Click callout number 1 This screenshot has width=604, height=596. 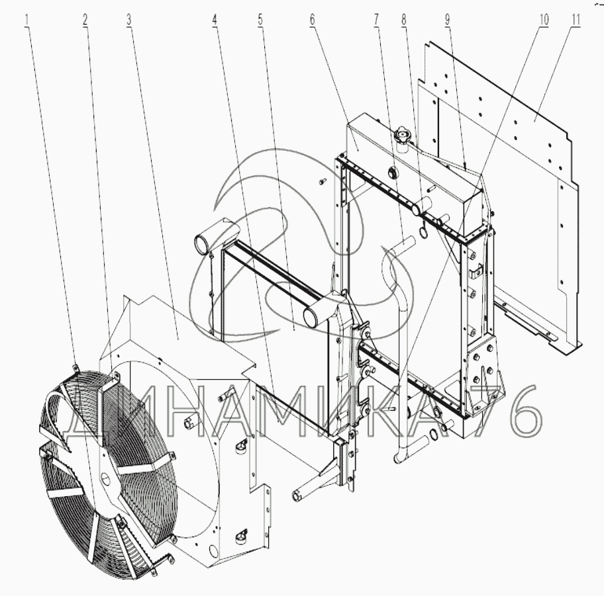click(26, 20)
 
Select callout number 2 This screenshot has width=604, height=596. click(85, 20)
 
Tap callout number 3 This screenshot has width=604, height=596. click(129, 20)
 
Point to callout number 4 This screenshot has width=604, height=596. click(215, 20)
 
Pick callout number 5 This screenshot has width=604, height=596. click(260, 20)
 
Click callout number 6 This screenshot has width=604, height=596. click(312, 20)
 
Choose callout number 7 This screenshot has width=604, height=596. click(376, 20)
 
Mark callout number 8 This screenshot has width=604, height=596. click(404, 20)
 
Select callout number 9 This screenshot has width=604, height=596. click(447, 20)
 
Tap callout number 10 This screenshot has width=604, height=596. click(544, 20)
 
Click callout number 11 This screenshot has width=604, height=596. click(576, 20)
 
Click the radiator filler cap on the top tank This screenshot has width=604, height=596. click(403, 136)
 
